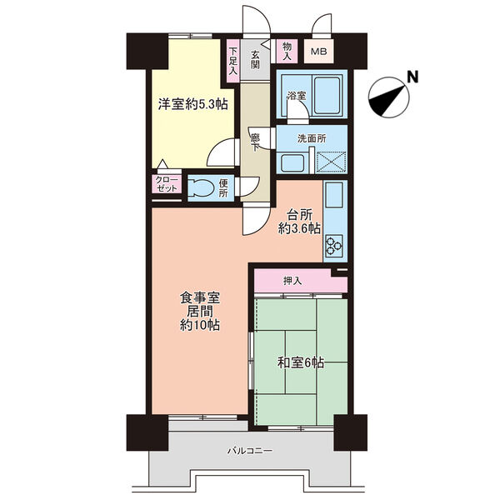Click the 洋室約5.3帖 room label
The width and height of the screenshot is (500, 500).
[x=193, y=104]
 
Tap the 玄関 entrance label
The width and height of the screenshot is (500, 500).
[x=255, y=60]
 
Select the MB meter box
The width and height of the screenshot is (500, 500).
[x=319, y=51]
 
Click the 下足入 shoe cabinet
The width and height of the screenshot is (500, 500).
[x=233, y=61]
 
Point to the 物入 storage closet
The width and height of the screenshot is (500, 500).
[x=287, y=51]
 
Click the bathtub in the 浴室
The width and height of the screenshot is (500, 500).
[x=327, y=95]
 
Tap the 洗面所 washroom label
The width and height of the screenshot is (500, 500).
[x=312, y=138]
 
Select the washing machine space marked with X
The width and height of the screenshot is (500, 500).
[x=332, y=162]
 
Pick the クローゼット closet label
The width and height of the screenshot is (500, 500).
[x=167, y=183]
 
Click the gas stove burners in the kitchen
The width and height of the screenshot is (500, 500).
[x=333, y=246]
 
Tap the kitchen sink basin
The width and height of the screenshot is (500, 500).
[x=333, y=195]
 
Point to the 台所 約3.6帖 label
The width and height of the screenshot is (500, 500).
[x=299, y=222]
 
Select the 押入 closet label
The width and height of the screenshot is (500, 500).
[x=292, y=281]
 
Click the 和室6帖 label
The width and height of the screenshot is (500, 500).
[x=301, y=362]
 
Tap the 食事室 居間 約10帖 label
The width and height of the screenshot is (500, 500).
[x=200, y=312]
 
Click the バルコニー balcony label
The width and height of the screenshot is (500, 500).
[x=250, y=451]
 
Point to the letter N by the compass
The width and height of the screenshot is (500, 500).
[x=413, y=77]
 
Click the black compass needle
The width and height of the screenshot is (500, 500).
[x=387, y=100]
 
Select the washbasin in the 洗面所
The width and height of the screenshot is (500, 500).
[x=292, y=162]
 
